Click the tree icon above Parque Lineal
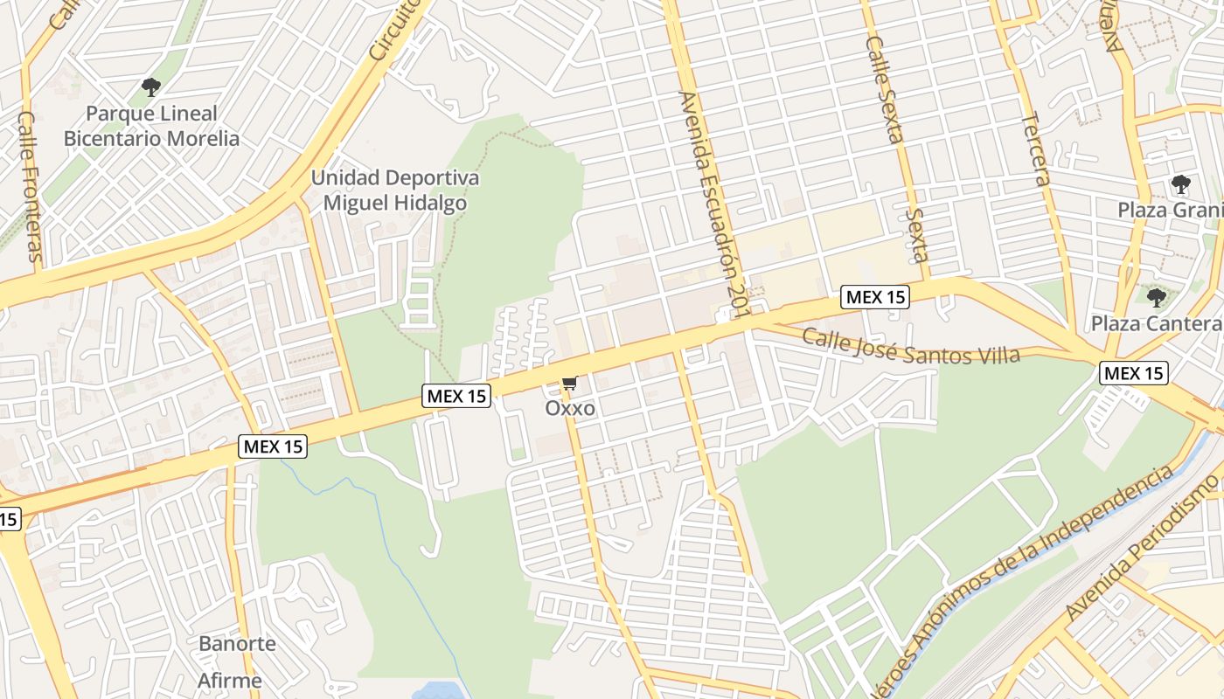[150, 87]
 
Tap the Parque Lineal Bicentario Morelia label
[151, 126]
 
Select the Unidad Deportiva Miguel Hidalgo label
[395, 190]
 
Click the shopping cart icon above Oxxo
[570, 383]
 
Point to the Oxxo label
[570, 408]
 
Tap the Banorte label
[237, 644]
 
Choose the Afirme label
[229, 681]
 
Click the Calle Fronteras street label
[30, 185]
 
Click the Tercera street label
[1034, 149]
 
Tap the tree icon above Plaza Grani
[1180, 184]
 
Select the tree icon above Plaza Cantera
[1156, 298]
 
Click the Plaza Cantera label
[1156, 323]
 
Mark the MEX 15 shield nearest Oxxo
[456, 396]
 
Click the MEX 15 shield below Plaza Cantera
[1133, 374]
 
